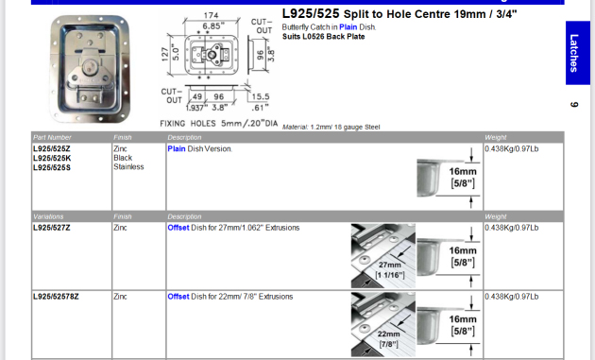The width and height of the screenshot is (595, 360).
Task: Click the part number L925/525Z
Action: pos(53,148)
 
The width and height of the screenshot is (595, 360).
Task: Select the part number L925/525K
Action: pos(53,158)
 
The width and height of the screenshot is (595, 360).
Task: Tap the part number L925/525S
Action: pos(53,167)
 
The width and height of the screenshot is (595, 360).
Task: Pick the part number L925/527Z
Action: pos(53,228)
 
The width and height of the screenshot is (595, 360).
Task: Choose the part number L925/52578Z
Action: pos(56,297)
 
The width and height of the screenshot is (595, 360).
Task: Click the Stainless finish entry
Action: pos(128,167)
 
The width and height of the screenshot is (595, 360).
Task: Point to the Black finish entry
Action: pos(123,158)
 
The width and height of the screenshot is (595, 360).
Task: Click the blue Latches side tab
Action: pos(574,54)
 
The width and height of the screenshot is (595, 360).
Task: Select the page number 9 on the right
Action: pos(573,104)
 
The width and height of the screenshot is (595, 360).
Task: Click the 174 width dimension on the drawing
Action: pos(211,17)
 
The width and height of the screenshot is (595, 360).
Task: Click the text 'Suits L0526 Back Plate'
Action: pos(322,36)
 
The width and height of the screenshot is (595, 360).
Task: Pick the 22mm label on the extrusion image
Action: pos(389,335)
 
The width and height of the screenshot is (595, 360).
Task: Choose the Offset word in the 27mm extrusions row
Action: pos(178,228)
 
